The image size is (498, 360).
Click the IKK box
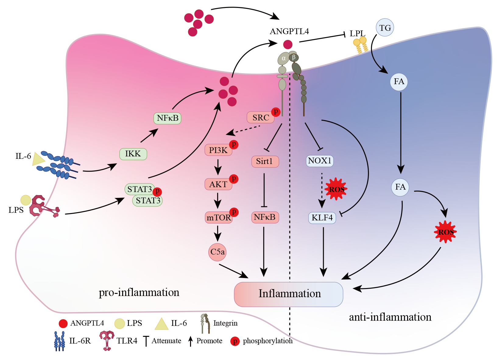(x=133, y=154)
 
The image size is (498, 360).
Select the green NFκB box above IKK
(x=168, y=118)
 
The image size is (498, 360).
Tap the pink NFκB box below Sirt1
(x=265, y=217)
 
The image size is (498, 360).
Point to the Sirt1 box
(x=265, y=161)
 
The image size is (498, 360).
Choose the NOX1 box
(x=320, y=161)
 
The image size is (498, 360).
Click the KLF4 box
(x=322, y=218)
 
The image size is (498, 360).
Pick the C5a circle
(x=217, y=252)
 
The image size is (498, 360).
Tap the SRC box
(x=261, y=118)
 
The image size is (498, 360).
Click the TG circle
(x=385, y=28)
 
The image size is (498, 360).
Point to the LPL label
(x=357, y=34)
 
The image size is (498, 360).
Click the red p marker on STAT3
(x=157, y=191)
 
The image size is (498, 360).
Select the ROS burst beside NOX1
(x=336, y=189)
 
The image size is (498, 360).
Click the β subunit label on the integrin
(x=294, y=57)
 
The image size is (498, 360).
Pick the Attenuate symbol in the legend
(x=146, y=341)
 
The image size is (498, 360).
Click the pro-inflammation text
(x=139, y=292)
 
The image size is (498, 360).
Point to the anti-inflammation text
(x=390, y=317)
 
